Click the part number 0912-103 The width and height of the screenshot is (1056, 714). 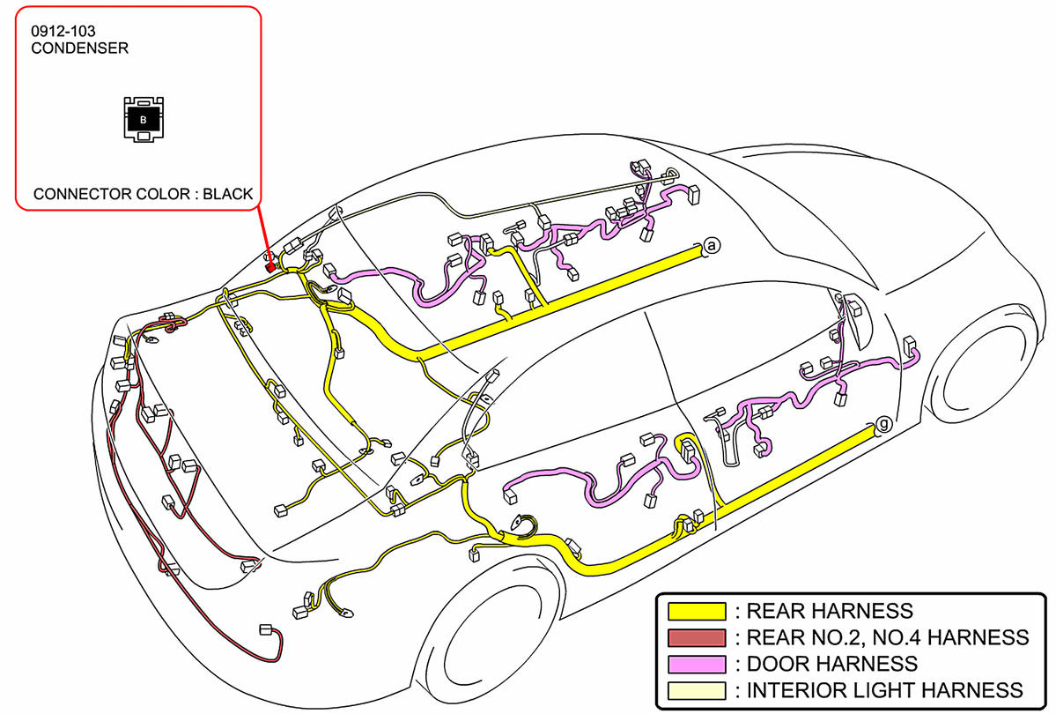click(x=63, y=32)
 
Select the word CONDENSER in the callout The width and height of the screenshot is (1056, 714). click(x=79, y=48)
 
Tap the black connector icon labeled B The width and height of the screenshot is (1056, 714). click(x=144, y=118)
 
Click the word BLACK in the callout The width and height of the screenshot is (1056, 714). click(x=227, y=194)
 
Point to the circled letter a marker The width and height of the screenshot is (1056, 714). click(x=712, y=247)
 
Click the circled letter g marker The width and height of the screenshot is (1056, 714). click(x=883, y=426)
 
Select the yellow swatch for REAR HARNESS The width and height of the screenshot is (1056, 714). click(x=697, y=611)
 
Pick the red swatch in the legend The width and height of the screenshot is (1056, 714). click(x=697, y=637)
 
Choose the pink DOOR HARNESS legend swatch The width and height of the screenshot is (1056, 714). click(x=697, y=664)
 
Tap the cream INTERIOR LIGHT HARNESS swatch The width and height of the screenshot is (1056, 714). click(x=697, y=690)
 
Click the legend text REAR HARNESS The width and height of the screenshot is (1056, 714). click(x=830, y=611)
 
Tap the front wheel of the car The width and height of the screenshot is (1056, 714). click(x=986, y=370)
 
